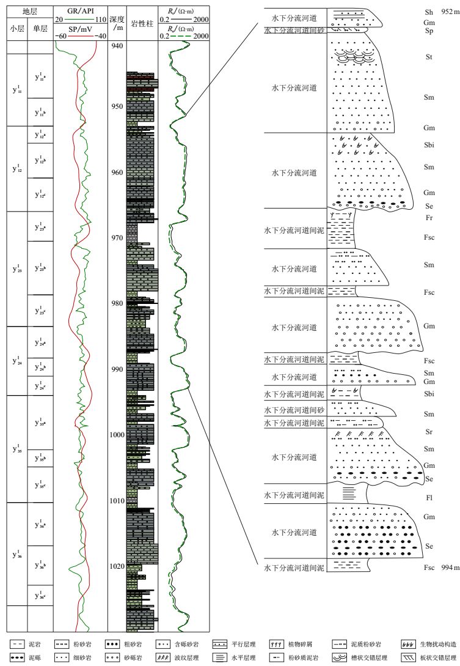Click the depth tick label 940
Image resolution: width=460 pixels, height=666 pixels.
[x=116, y=46]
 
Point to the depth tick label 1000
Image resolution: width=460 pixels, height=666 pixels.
[x=116, y=435]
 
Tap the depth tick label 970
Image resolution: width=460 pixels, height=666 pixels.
[x=116, y=238]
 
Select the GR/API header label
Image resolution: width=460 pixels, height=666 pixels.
[x=80, y=10]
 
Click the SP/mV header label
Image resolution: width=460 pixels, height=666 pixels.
[x=80, y=28]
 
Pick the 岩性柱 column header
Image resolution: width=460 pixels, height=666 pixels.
[x=141, y=23]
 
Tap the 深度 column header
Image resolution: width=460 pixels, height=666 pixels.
[x=116, y=20]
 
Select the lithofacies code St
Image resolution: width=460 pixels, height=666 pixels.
[x=428, y=58]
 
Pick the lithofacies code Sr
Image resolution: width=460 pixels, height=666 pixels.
[x=428, y=431]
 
